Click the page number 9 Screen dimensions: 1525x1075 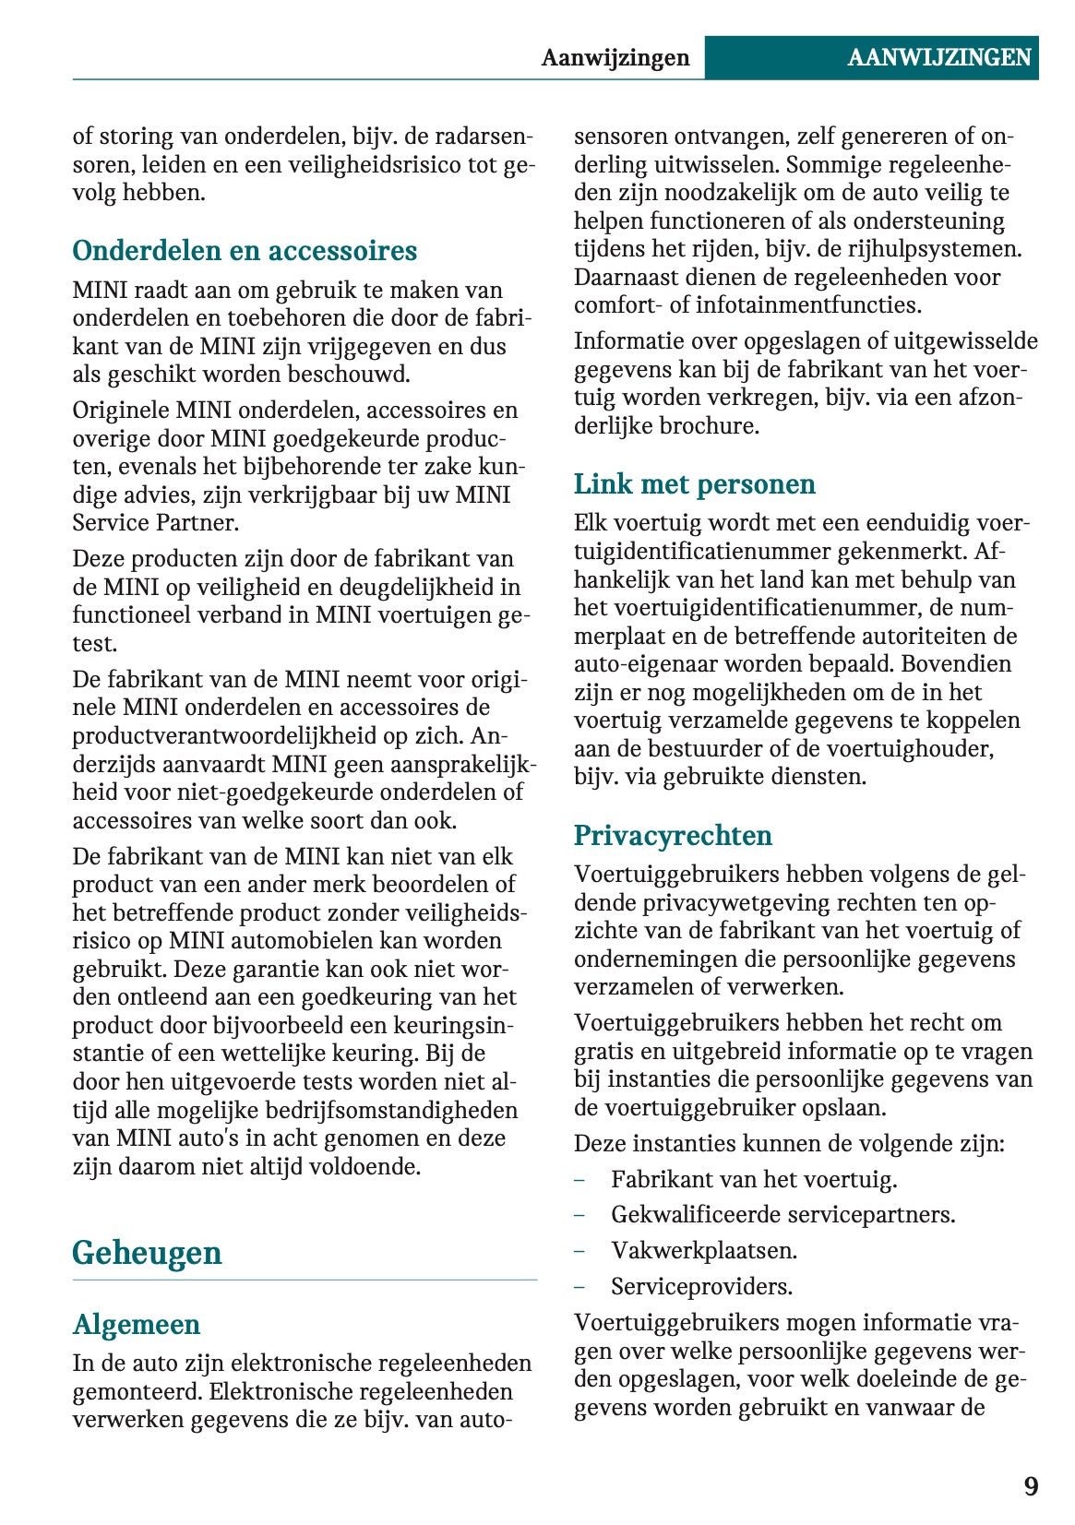(1030, 1486)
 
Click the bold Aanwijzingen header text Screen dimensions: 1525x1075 (615, 57)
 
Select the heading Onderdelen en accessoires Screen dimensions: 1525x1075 (245, 251)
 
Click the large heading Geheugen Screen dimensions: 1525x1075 (148, 1252)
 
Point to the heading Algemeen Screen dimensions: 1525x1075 (137, 1324)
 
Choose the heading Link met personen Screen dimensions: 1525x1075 (694, 484)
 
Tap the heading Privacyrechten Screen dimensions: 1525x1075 (673, 835)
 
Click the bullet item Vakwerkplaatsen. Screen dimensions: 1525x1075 (703, 1250)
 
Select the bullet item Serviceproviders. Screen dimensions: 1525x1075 (701, 1286)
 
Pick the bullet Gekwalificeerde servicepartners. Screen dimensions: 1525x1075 (782, 1214)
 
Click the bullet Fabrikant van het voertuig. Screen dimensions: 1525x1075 (753, 1179)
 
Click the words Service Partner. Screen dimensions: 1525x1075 (155, 522)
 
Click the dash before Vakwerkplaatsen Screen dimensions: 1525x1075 (579, 1250)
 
